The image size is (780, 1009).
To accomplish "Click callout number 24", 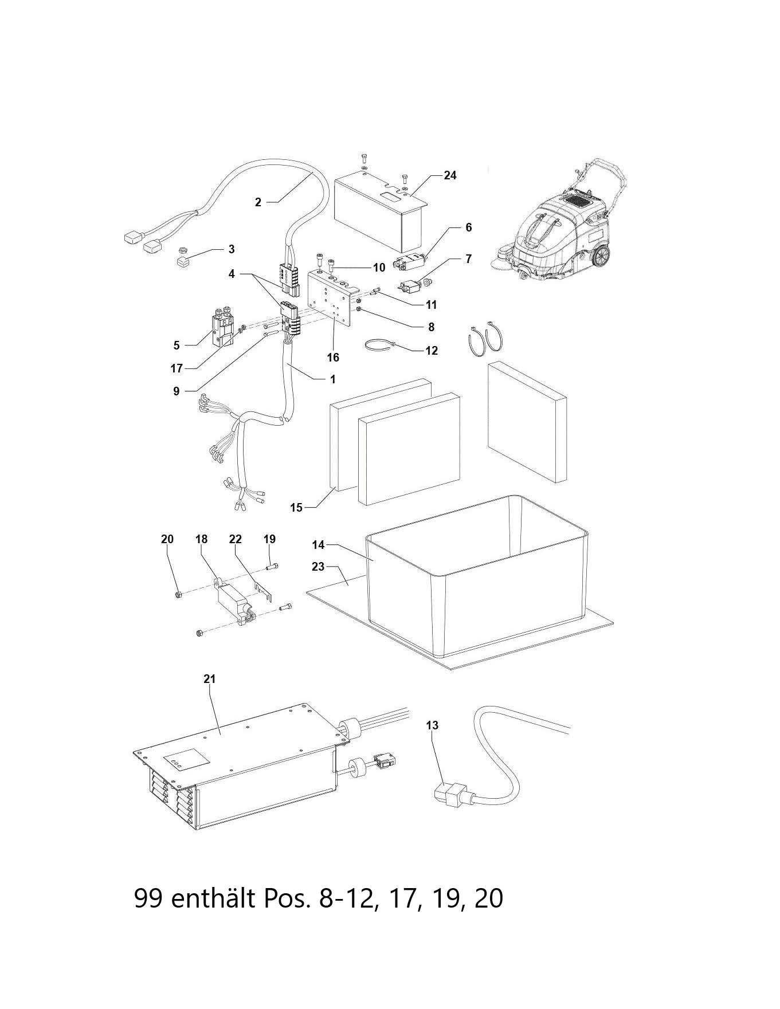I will coord(450,175).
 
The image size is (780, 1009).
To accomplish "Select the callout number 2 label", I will coord(258,202).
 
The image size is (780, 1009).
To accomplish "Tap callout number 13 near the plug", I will coord(432,725).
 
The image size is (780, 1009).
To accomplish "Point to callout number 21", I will coord(209,679).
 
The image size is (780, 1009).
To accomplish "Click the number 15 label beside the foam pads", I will coord(296,508).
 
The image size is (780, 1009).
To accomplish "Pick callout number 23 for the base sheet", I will coord(318,567).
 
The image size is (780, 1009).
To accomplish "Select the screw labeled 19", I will coord(272,567).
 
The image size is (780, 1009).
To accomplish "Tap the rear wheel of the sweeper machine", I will coord(599,257).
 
